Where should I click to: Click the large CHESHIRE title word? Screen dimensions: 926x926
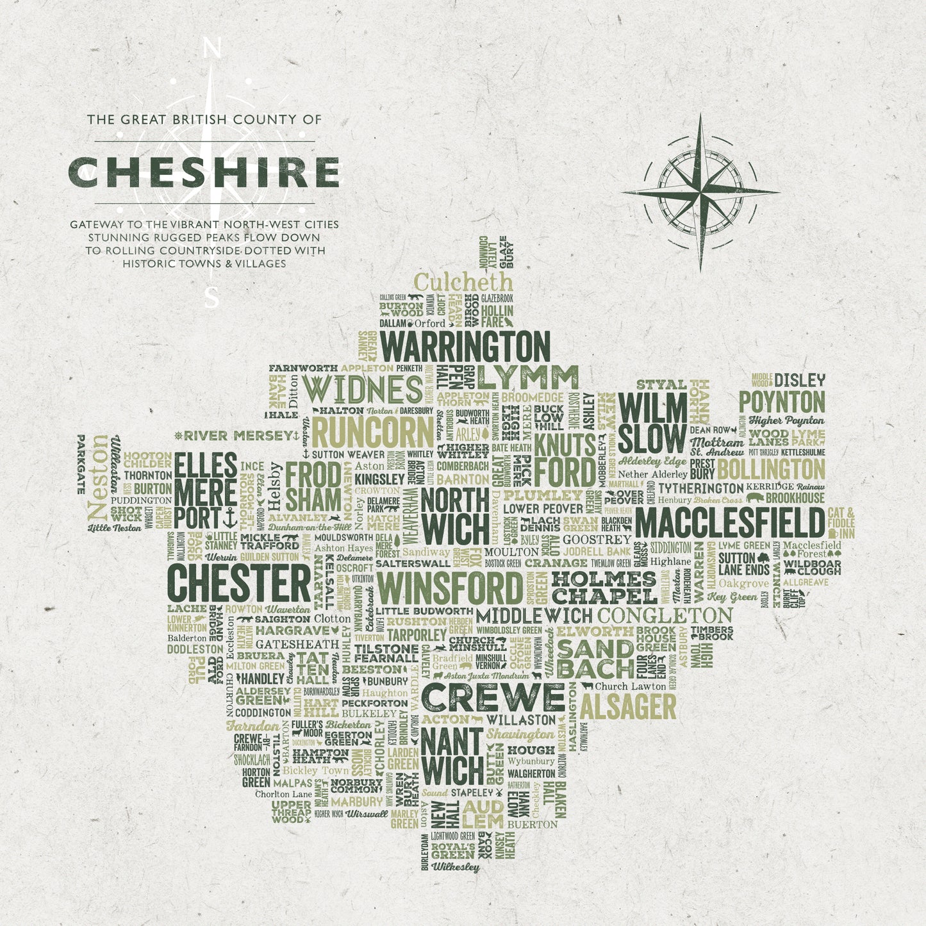click(204, 172)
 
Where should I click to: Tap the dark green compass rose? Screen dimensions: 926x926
click(700, 192)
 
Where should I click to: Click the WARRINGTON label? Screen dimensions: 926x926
click(465, 347)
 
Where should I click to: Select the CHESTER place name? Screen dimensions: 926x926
click(239, 583)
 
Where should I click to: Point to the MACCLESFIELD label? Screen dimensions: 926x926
click(730, 523)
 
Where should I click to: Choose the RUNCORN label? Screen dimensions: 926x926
click(373, 433)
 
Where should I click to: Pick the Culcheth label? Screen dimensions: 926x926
click(463, 282)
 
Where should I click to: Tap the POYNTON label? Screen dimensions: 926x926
click(782, 402)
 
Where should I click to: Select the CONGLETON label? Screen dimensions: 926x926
click(665, 616)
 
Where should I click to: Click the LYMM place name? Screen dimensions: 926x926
click(527, 378)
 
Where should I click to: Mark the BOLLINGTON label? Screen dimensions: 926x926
click(771, 468)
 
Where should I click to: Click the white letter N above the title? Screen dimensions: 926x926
click(212, 48)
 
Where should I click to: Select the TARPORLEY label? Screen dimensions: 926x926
click(417, 634)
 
